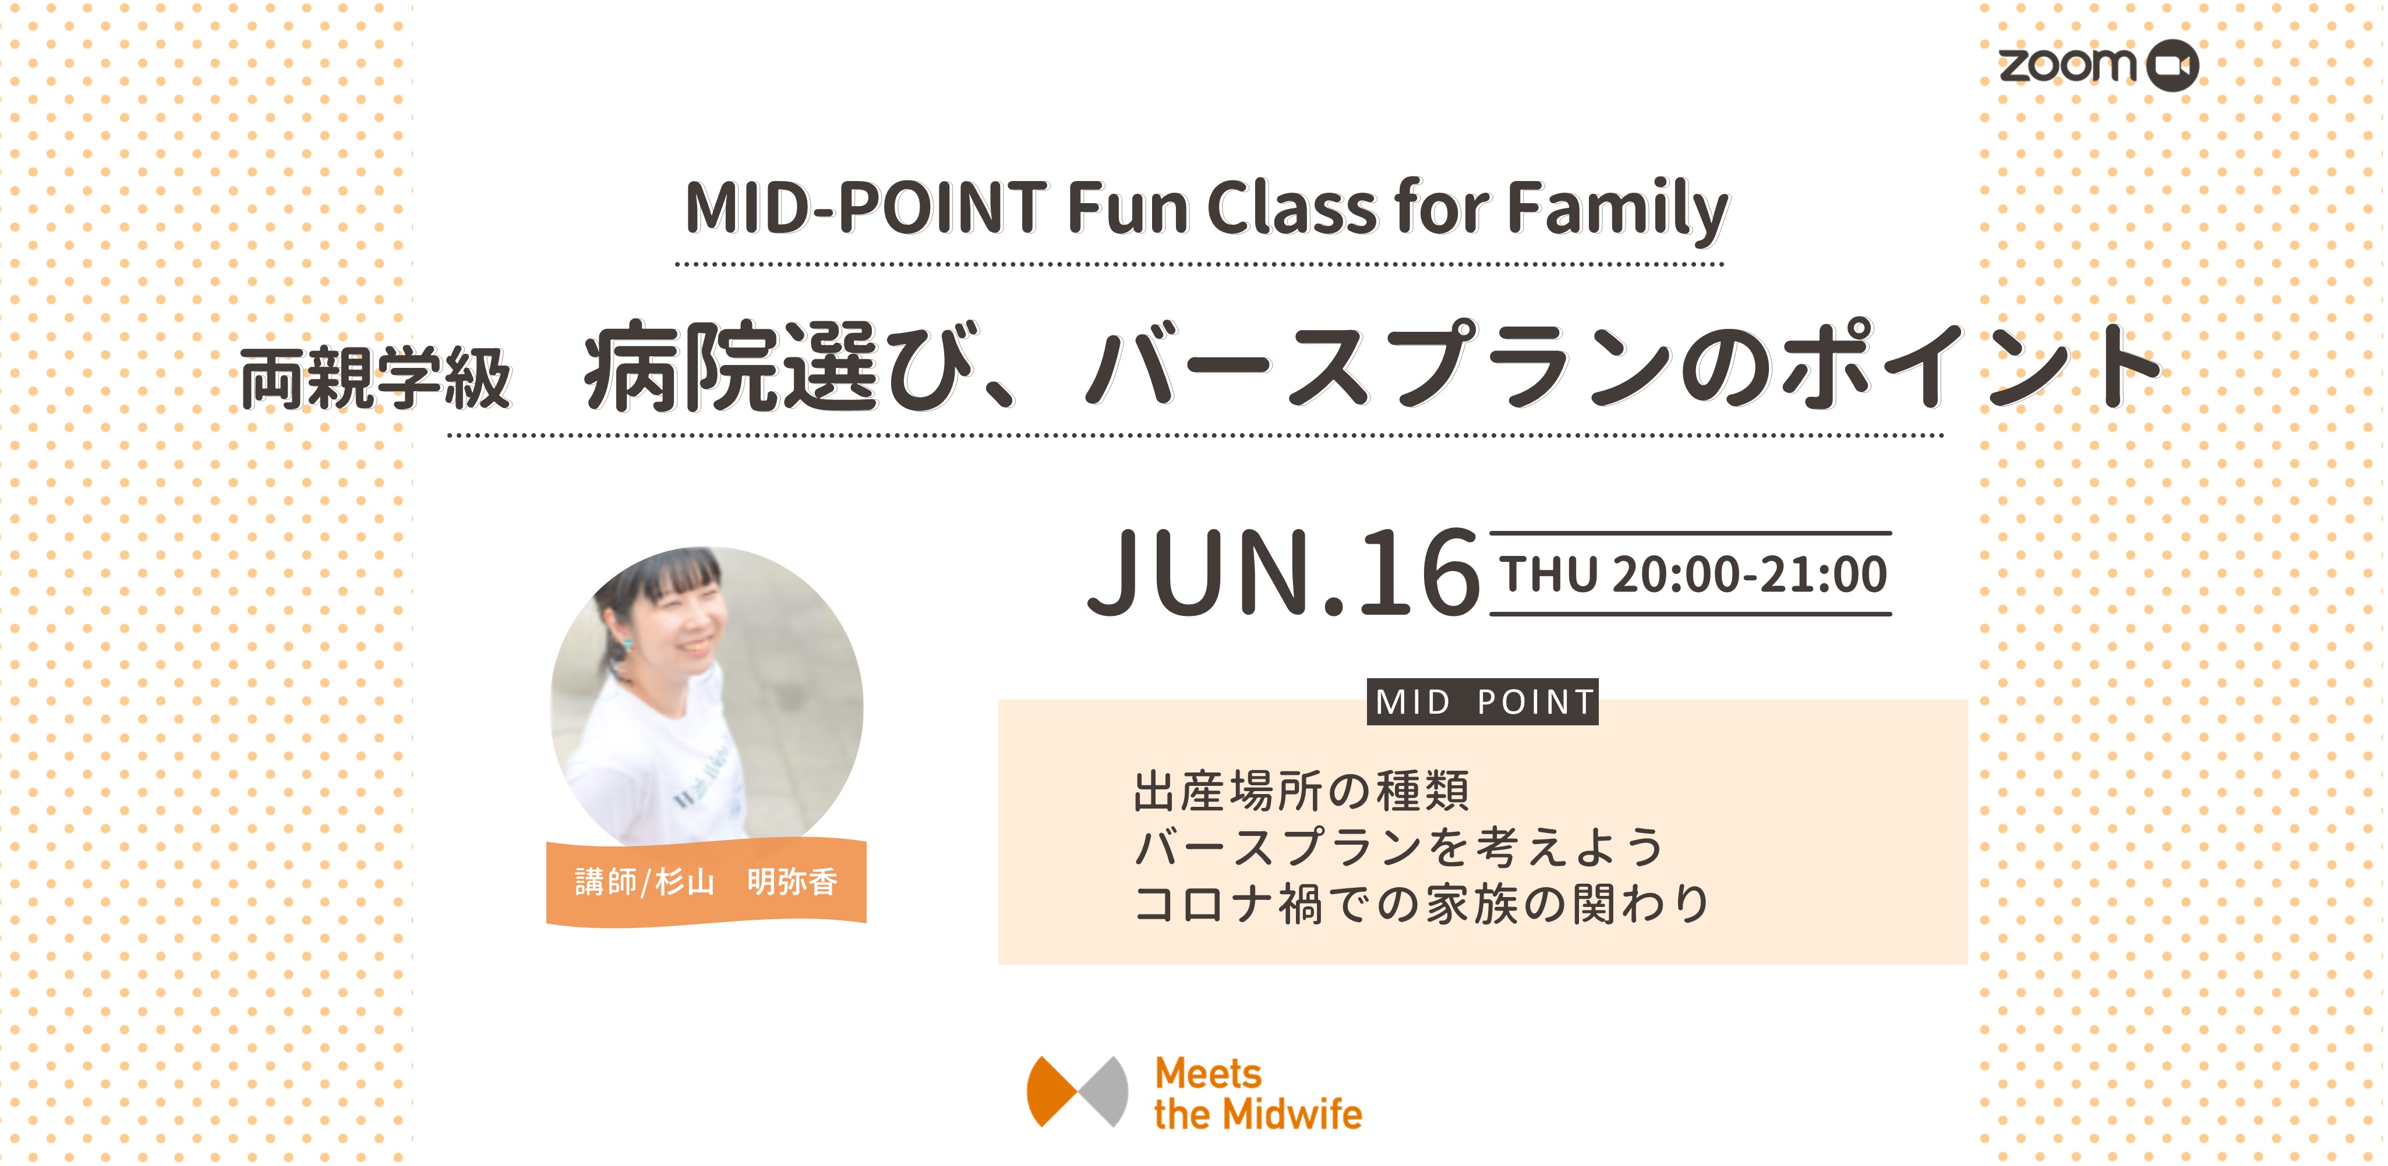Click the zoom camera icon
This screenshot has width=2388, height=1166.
(x=2172, y=66)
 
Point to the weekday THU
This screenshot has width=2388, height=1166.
(x=1549, y=574)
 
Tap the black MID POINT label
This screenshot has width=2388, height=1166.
(x=1483, y=701)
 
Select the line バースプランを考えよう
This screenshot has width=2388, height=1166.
(x=1399, y=846)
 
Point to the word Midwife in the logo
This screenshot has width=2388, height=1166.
(x=1293, y=1113)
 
